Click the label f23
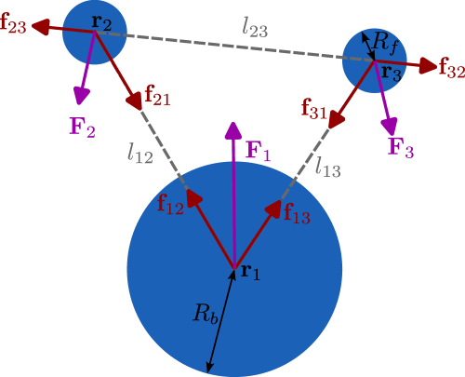(x=13, y=27)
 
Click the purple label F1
(x=258, y=151)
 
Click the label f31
(x=314, y=108)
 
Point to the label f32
(x=451, y=69)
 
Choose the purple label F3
(x=401, y=147)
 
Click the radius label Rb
(x=206, y=313)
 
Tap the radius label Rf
(x=384, y=41)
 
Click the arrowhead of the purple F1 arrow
(x=233, y=129)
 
